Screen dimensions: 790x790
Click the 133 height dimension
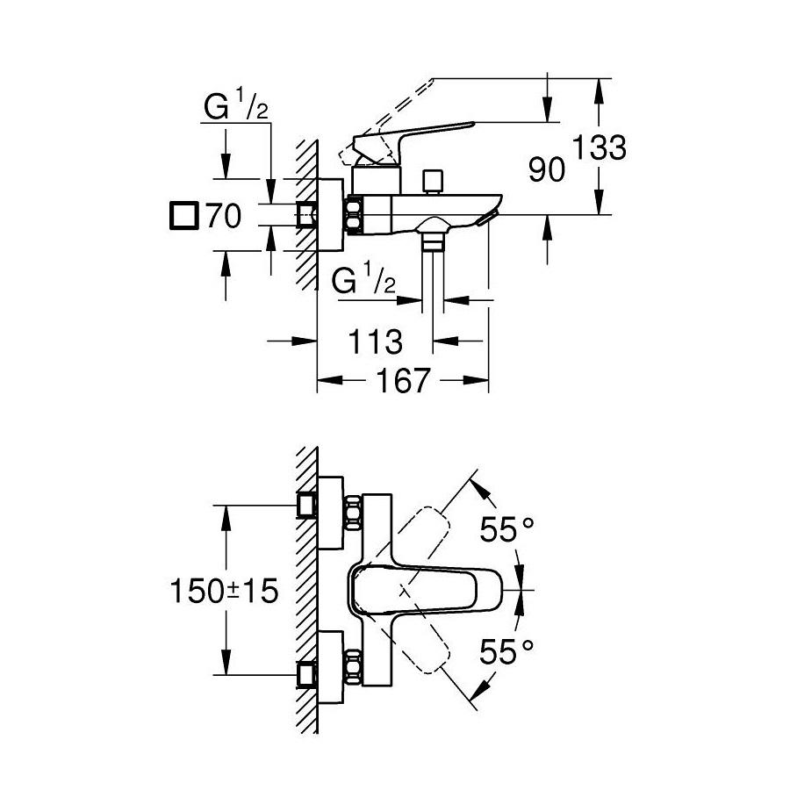click(x=601, y=147)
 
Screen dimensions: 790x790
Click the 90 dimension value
click(x=547, y=169)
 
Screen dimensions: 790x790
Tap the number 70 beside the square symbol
click(x=223, y=217)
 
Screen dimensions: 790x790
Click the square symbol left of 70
click(x=183, y=216)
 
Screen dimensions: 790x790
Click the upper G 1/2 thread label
click(x=235, y=109)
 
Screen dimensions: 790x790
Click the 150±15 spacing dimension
click(x=224, y=591)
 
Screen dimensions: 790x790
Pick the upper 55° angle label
click(x=506, y=530)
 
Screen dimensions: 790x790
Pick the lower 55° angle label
click(x=506, y=650)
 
